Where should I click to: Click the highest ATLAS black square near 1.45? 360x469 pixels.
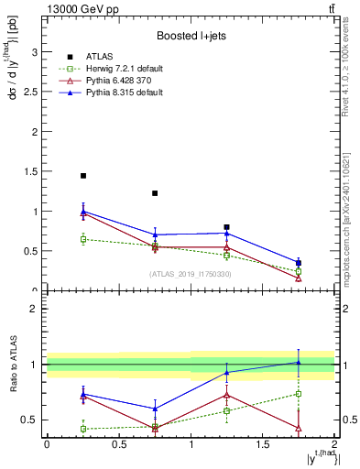[82, 176]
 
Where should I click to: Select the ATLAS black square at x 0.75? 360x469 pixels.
[155, 193]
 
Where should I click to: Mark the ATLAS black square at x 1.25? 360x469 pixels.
[226, 227]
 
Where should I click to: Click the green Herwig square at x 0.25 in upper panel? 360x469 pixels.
[82, 239]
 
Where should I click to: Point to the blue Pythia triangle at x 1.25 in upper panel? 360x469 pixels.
[226, 233]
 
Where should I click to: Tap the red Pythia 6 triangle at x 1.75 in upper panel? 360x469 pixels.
[299, 278]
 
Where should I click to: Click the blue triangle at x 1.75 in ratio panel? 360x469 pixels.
[299, 362]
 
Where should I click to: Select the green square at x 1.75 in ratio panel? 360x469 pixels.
[299, 394]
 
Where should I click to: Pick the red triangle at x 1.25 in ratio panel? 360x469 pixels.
[226, 395]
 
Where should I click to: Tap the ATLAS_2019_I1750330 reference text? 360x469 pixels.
[190, 274]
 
